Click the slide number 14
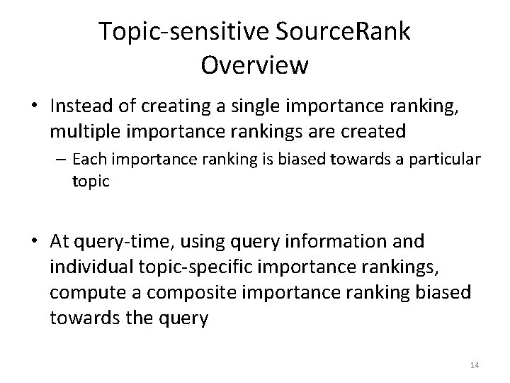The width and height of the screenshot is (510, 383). point(475,365)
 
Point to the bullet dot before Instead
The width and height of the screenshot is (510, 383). point(38,106)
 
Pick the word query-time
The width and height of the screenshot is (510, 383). point(115,243)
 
